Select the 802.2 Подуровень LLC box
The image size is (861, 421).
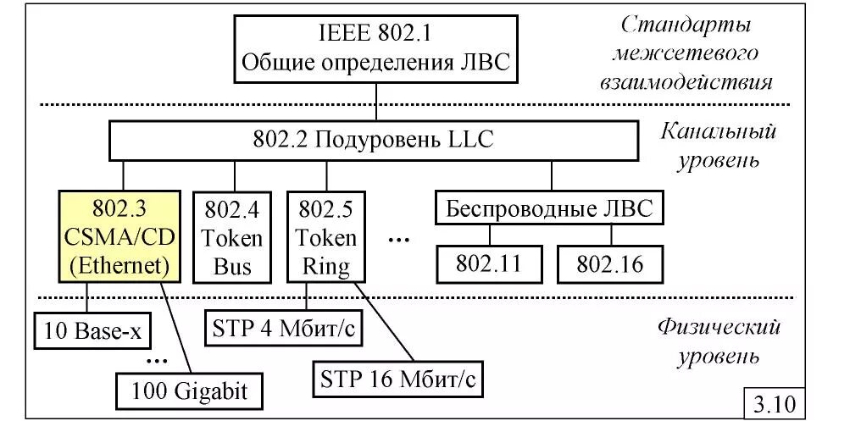coord(373,141)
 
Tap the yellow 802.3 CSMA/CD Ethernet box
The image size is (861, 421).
coord(119,237)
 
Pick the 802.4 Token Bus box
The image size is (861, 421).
coord(232,237)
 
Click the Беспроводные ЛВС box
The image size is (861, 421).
coord(550,208)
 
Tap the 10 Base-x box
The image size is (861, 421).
coord(91,331)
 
